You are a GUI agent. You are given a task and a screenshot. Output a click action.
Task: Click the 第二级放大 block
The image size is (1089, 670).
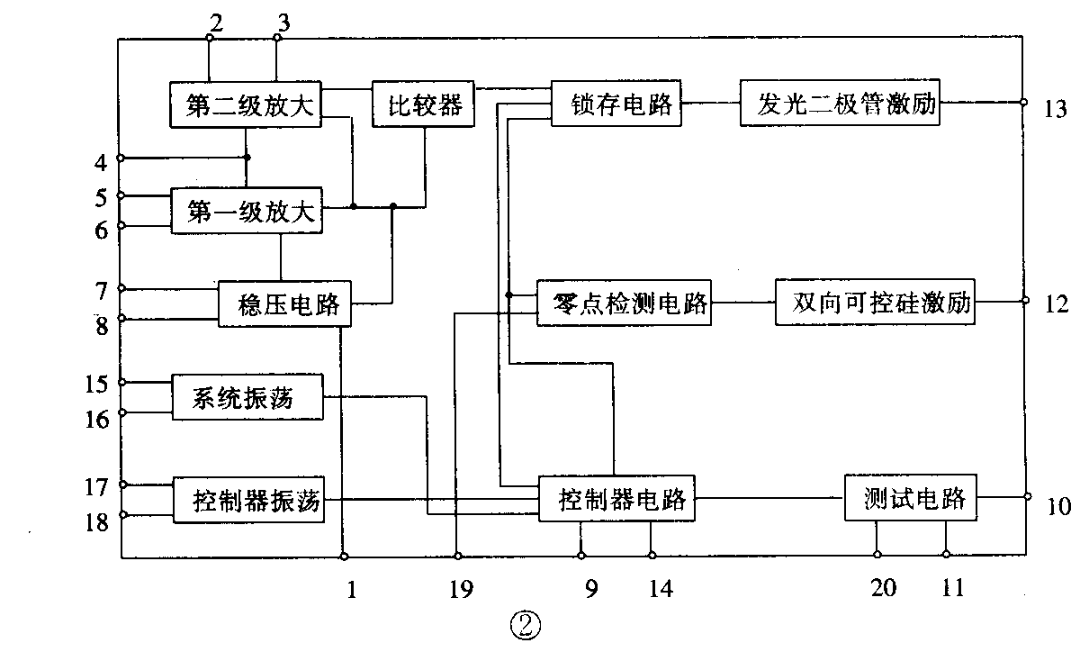pyautogui.click(x=246, y=105)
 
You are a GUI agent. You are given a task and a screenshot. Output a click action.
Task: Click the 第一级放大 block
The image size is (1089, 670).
pyautogui.click(x=246, y=213)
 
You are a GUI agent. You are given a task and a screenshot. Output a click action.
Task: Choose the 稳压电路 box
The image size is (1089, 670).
pyautogui.click(x=283, y=303)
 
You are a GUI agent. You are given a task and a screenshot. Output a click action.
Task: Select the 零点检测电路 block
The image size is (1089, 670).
pyautogui.click(x=623, y=303)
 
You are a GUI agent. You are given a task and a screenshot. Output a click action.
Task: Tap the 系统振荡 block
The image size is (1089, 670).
pyautogui.click(x=247, y=397)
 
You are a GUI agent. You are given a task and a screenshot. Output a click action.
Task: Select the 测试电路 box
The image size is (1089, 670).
pyautogui.click(x=911, y=497)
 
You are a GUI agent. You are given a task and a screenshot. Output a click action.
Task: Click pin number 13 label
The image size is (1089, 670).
pyautogui.click(x=1056, y=110)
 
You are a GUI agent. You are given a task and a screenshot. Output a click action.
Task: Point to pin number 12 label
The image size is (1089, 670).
pyautogui.click(x=1056, y=303)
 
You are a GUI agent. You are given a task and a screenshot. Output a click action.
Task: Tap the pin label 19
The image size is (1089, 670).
pyautogui.click(x=459, y=590)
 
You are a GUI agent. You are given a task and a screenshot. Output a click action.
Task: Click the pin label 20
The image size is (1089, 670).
pyautogui.click(x=883, y=588)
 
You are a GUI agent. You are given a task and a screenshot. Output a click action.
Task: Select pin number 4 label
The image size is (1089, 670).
pyautogui.click(x=101, y=163)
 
